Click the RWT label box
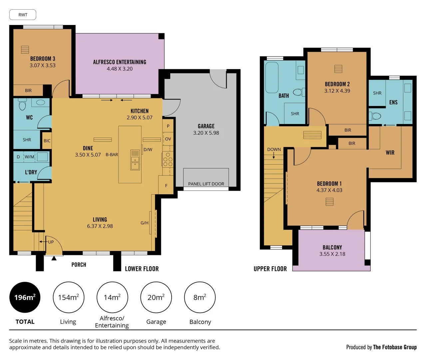tap(23, 15)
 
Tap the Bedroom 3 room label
tap(43, 59)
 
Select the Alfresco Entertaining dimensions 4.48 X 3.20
tap(120, 69)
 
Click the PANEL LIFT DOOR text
tap(206, 184)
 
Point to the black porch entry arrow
tap(54, 258)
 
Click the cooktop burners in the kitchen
tap(168, 160)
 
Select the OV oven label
tap(168, 139)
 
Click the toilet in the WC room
tap(22, 105)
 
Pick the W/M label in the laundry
tap(29, 157)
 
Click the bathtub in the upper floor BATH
tap(272, 77)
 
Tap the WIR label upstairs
tap(390, 153)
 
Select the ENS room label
tap(393, 102)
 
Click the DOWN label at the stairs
tap(274, 150)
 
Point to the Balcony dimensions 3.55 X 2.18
tap(332, 254)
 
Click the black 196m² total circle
tap(25, 297)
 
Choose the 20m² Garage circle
tap(156, 297)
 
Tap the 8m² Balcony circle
tap(200, 297)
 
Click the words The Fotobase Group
tap(395, 347)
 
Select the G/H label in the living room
tap(144, 223)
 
